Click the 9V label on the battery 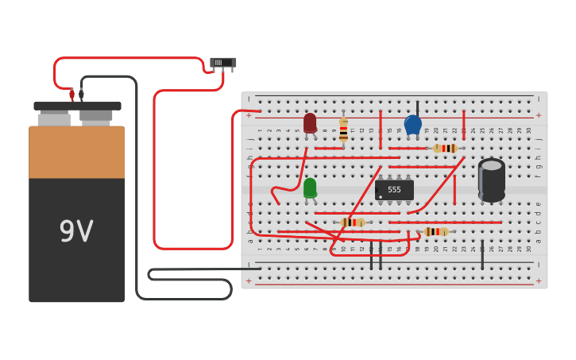pos(76,231)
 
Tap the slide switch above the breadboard pos(223,63)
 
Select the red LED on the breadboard pos(310,122)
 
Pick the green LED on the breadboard pos(310,188)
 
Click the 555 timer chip pos(394,190)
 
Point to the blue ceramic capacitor pos(412,125)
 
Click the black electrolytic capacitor pos(491,180)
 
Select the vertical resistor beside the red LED pos(343,130)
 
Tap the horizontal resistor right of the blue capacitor pos(446,148)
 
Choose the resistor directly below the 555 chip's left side pos(353,223)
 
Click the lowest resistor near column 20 pos(436,232)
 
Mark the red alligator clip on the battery pos(72,95)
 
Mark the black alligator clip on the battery pos(81,95)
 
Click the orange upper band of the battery pos(76,153)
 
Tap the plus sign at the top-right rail pos(538,115)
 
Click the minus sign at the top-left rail pos(249,99)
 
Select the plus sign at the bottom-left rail pos(249,281)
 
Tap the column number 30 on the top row pos(528,130)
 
